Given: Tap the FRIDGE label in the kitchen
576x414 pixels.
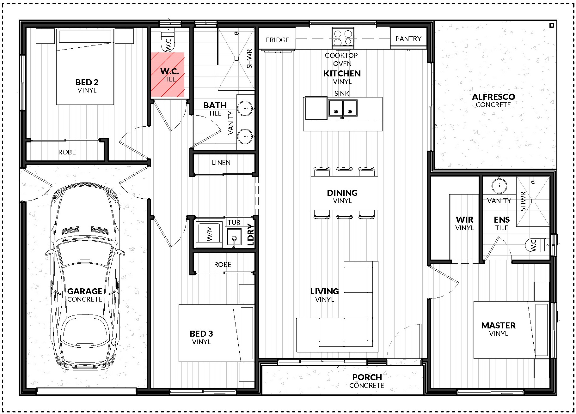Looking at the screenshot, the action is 278,40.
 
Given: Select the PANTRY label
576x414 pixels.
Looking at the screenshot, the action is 408,39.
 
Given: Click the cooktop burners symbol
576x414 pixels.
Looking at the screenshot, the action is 343,38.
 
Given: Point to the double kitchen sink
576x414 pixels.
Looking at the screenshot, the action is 343,108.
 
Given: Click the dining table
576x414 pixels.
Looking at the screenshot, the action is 344,193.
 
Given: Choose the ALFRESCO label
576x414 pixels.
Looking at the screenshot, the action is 493,97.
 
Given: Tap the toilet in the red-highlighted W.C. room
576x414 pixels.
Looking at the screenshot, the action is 168,39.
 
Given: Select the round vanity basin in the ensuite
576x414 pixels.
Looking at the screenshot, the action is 499,186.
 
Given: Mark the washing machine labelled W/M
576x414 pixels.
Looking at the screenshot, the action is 209,234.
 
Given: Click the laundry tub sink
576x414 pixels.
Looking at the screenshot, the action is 234,236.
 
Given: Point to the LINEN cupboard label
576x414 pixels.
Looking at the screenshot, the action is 221,163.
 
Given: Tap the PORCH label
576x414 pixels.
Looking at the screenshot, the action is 367,377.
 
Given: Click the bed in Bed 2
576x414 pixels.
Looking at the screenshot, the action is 85,67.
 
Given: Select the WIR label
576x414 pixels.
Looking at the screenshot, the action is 464,219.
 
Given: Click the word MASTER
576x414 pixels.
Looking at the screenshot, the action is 499,326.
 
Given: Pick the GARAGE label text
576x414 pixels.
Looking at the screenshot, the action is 85,291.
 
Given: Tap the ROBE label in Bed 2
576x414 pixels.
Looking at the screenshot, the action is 67,152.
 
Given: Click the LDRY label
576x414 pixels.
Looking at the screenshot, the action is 250,235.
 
